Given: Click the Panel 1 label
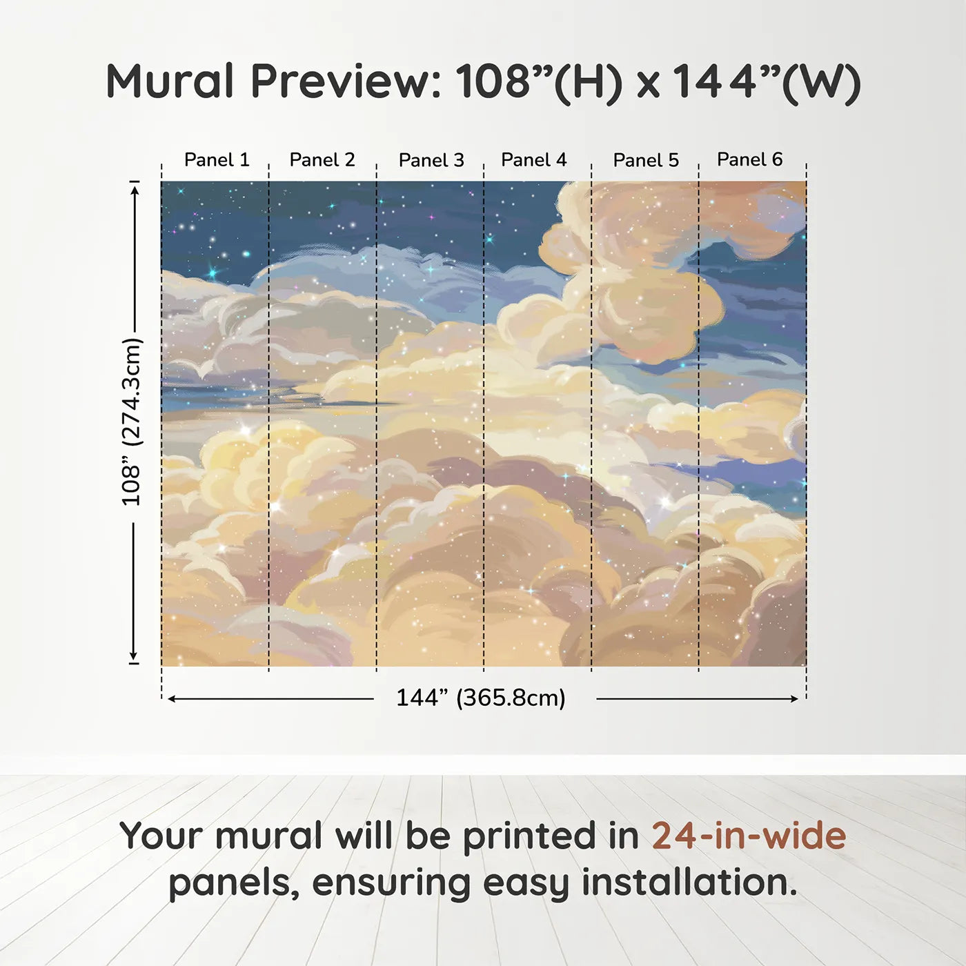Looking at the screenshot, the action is point(217,159).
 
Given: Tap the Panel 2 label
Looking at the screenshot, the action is point(322,159).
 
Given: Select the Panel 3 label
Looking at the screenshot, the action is point(431,160).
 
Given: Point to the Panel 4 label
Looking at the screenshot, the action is point(534,159).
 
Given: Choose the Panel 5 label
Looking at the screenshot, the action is point(646,160).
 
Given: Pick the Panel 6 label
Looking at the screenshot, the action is point(749,159).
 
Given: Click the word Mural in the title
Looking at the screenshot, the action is point(170,81).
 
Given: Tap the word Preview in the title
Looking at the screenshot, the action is point(346,81).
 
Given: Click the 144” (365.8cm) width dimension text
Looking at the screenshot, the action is point(481,698).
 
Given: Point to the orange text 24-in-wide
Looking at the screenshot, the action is point(749,836).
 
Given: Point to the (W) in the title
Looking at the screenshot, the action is point(821,83).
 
